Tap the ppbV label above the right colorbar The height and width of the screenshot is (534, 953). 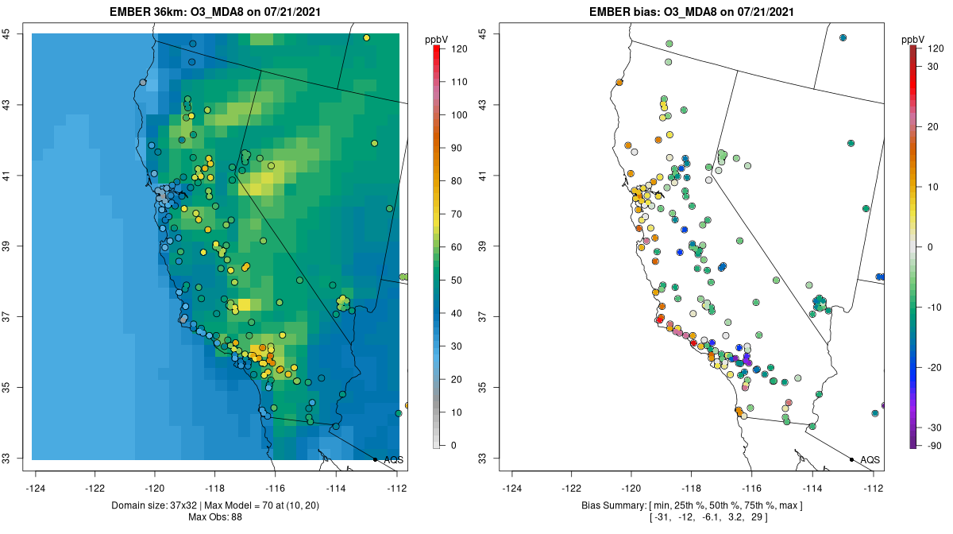click(x=914, y=39)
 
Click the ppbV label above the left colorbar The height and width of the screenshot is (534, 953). click(x=437, y=39)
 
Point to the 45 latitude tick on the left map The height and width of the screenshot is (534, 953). click(x=15, y=33)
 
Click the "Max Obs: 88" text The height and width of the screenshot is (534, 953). click(x=214, y=517)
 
